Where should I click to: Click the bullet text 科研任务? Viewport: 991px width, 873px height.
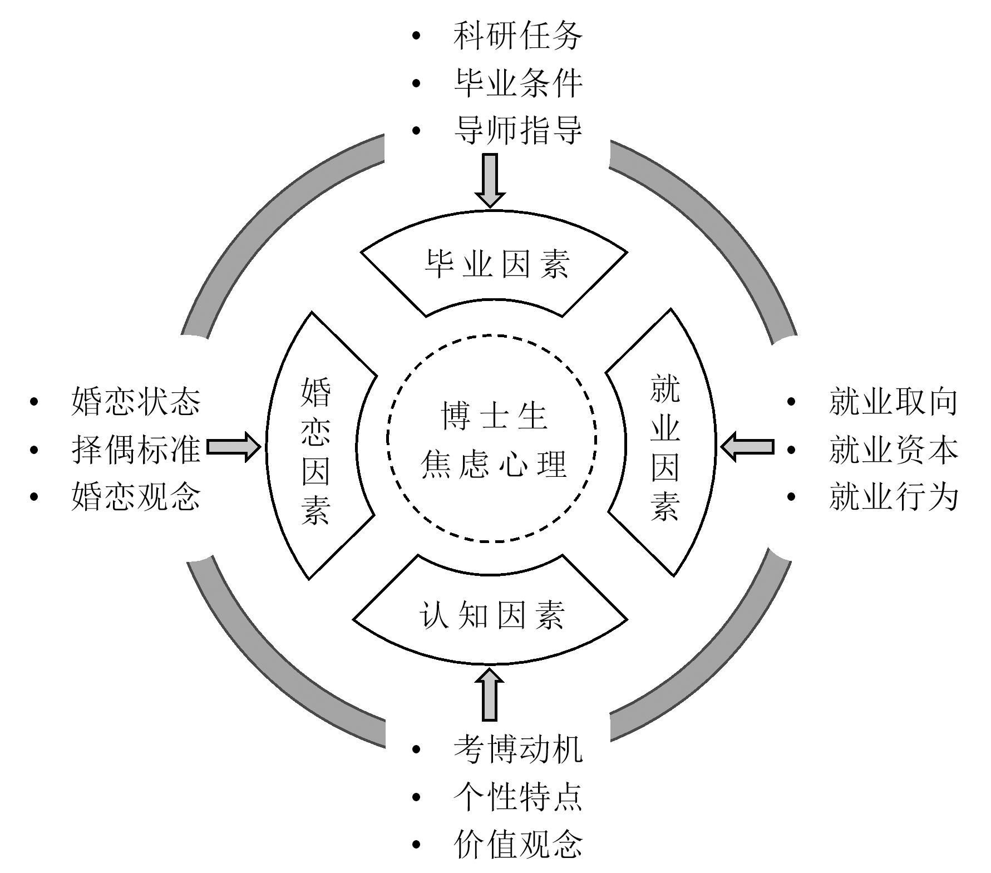(x=517, y=36)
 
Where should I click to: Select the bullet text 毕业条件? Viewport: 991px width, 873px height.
(x=517, y=83)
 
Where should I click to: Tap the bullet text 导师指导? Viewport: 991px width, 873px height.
(x=517, y=131)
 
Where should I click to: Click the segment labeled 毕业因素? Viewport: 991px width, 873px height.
(x=495, y=263)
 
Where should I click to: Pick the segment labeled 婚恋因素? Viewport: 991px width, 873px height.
(x=315, y=451)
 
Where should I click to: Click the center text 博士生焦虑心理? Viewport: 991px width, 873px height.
(x=494, y=440)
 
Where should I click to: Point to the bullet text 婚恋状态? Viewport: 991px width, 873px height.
(x=136, y=401)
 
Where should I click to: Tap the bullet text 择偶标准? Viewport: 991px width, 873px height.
(x=136, y=449)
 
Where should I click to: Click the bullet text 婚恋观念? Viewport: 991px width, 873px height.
(x=136, y=496)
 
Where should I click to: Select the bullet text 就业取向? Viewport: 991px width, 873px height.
(x=893, y=401)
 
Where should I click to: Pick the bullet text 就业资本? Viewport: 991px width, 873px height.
(x=893, y=449)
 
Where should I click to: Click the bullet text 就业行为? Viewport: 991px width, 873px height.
(x=893, y=496)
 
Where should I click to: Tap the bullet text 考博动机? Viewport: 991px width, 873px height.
(x=517, y=749)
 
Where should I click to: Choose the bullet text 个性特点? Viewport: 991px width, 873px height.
(x=517, y=797)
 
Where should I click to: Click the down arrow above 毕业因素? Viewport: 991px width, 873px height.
(x=490, y=180)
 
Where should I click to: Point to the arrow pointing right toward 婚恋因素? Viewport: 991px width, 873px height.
(x=233, y=447)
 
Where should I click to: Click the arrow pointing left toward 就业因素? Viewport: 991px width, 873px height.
(x=747, y=447)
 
